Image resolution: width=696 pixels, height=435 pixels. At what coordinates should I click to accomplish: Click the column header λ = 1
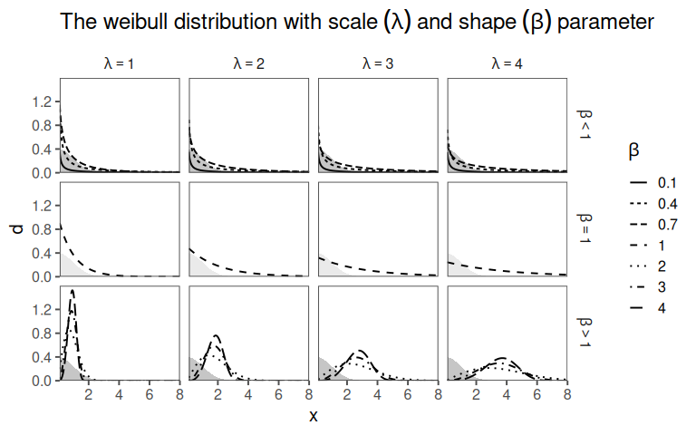[x=121, y=64]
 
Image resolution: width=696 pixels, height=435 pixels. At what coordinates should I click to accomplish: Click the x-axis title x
[x=314, y=417]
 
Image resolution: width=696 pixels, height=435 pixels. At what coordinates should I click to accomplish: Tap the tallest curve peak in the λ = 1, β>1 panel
[x=72, y=292]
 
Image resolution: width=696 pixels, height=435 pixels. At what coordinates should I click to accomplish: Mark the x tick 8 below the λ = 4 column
[x=567, y=395]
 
